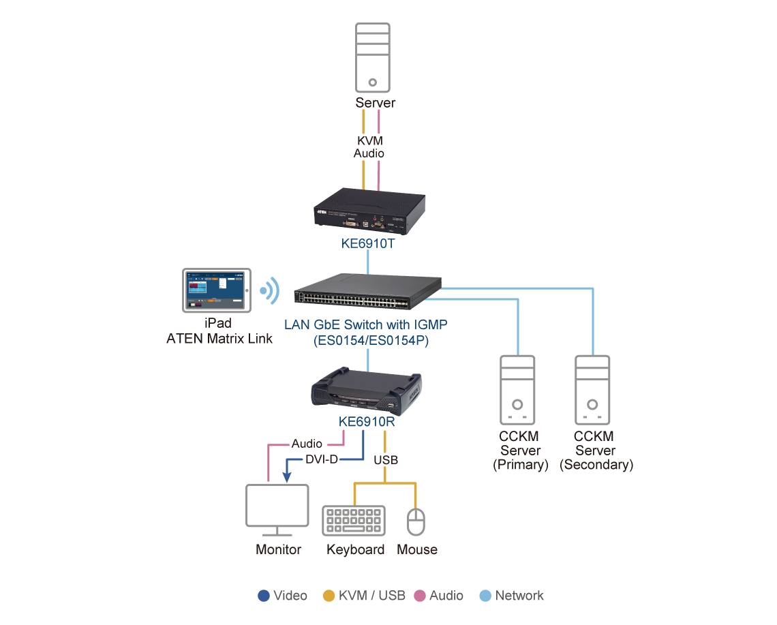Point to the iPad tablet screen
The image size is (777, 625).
213,290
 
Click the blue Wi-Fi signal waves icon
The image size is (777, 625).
271,290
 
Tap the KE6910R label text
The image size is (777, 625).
367,422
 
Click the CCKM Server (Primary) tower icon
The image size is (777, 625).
519,390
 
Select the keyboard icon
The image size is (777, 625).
354,521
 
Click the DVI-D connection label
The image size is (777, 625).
321,459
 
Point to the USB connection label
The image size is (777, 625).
386,460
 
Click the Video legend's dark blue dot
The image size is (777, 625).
264,596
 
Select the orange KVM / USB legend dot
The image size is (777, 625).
329,596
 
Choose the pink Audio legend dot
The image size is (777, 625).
420,596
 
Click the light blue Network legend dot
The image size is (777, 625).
485,596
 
